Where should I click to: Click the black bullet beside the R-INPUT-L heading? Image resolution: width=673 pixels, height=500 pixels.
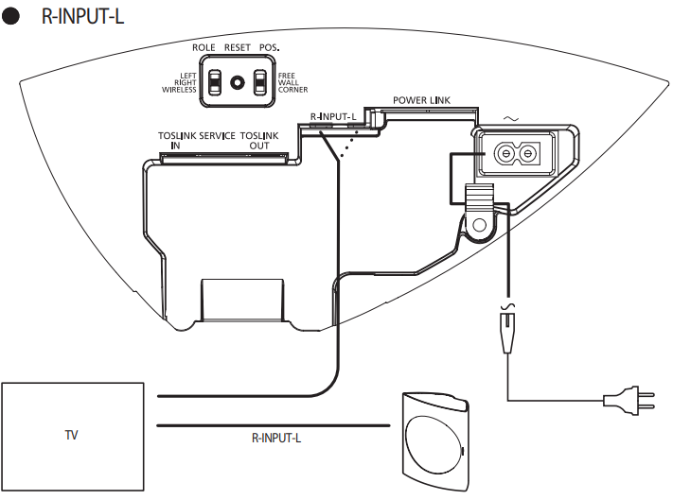point(13,19)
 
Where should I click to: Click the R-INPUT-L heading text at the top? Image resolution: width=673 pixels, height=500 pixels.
point(82,18)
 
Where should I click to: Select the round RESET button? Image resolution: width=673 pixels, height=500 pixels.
point(237,83)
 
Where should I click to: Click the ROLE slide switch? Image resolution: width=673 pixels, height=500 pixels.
point(216,83)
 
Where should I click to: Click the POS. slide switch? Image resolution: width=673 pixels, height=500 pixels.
point(259,83)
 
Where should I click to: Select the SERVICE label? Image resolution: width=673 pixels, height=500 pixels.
point(218,136)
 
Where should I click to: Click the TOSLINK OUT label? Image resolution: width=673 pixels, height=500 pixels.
point(259,141)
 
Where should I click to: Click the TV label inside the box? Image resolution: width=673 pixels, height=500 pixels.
point(71,436)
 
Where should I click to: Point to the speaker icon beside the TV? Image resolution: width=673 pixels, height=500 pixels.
point(434,440)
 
